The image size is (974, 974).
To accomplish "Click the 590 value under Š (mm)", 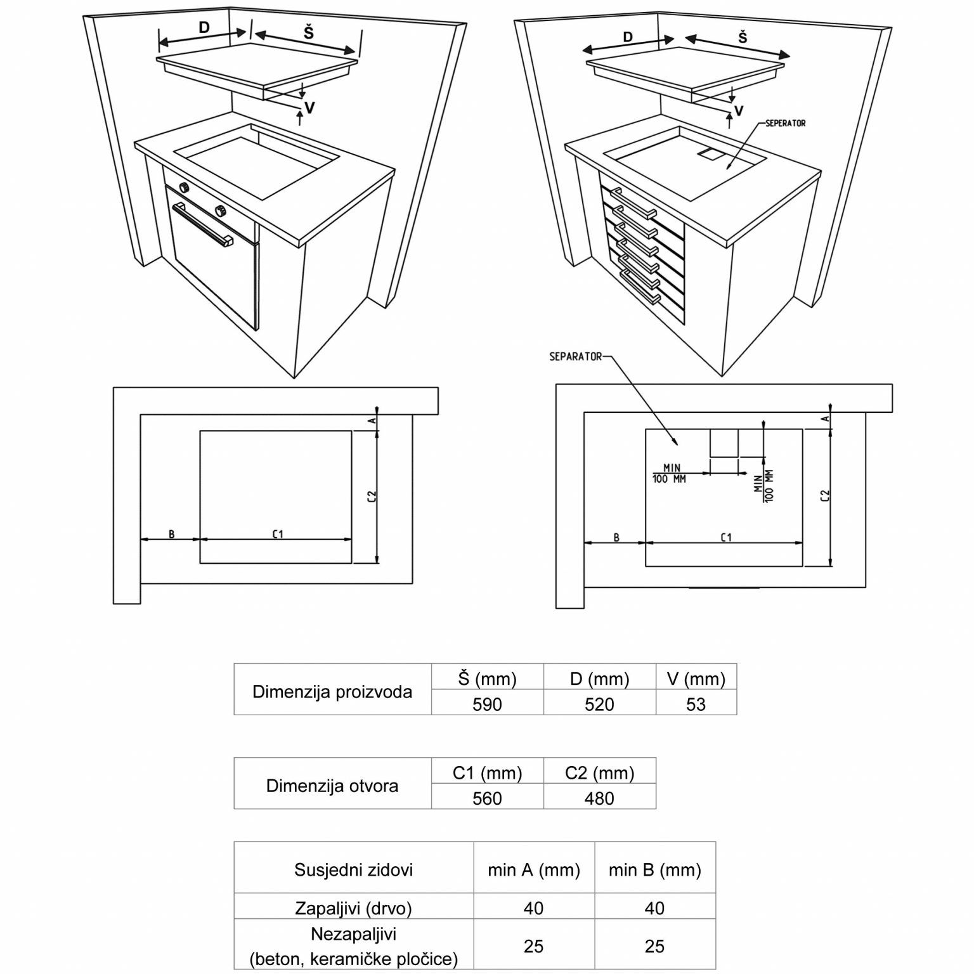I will (x=487, y=705).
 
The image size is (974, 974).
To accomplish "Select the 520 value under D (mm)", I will (x=599, y=705).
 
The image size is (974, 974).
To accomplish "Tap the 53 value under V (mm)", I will (x=696, y=705).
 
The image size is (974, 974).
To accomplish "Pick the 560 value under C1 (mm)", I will (x=487, y=798).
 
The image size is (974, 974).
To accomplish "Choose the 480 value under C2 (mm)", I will (x=599, y=798).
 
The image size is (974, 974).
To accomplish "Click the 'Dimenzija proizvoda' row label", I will (x=332, y=692).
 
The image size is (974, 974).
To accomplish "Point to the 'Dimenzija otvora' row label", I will (x=332, y=786).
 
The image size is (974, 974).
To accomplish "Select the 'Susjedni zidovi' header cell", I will (x=353, y=870).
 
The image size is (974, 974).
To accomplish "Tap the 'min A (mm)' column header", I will (x=534, y=870).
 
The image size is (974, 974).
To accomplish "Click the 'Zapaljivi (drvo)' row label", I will (x=353, y=909).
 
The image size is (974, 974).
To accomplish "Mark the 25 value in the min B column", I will (x=654, y=947).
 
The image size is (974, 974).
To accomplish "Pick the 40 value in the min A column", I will (x=534, y=909).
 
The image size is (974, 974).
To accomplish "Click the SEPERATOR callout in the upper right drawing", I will (x=785, y=123).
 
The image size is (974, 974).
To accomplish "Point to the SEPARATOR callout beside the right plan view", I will (x=575, y=357).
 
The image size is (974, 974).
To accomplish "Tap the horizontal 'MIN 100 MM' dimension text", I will (x=670, y=474).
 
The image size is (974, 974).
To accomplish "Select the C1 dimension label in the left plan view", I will (x=278, y=535).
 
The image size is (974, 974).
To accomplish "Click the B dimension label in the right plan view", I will (x=616, y=538).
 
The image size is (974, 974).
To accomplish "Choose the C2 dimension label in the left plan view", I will (x=372, y=497).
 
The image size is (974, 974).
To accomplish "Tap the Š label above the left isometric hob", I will (x=308, y=32).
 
